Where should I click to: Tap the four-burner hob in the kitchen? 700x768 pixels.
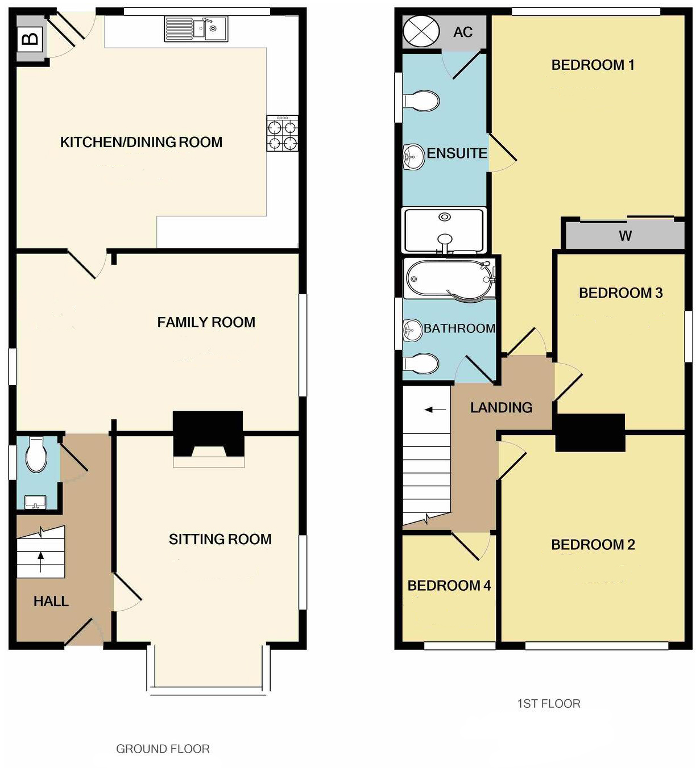pos(283,134)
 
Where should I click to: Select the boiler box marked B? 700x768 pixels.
pos(30,39)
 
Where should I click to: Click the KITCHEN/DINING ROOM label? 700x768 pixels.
pos(141,142)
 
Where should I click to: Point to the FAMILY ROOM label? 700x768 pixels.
pos(206,322)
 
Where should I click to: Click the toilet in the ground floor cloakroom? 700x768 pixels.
pos(36,454)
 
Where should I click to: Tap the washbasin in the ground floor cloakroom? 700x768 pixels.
pos(35,502)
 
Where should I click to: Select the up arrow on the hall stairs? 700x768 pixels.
pos(40,562)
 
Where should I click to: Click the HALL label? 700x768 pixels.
pos(51,601)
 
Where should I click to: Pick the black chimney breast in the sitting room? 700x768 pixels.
pos(208,431)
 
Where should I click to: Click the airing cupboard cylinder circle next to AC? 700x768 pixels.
pos(421,31)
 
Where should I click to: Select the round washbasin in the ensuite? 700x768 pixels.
pos(414,157)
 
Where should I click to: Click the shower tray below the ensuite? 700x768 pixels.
pos(444,230)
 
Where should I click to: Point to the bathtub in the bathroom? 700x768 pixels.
pos(448,279)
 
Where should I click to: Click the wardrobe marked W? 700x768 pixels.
pos(624,236)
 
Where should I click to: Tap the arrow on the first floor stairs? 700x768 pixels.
pos(435,409)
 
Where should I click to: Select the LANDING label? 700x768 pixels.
pos(501,407)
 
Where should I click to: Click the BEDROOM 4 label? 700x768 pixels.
pos(449,585)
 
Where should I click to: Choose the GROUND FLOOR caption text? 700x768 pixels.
pos(163,749)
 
